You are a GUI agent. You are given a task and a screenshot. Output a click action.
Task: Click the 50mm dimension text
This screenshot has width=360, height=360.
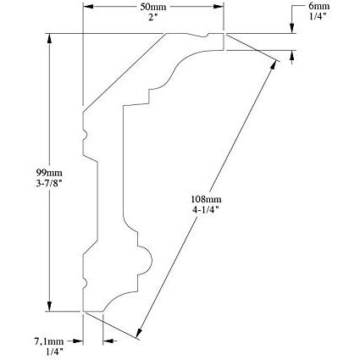click(153, 7)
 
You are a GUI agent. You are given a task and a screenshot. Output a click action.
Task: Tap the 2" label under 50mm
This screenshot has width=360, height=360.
click(152, 16)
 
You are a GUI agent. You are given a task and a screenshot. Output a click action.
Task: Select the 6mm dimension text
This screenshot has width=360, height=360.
click(318, 6)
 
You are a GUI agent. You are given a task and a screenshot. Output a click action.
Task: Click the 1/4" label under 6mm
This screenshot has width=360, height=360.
click(318, 16)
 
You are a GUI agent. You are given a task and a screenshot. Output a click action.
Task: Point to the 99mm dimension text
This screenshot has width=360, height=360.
click(49, 172)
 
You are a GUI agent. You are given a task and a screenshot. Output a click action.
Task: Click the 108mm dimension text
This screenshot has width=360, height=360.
click(206, 199)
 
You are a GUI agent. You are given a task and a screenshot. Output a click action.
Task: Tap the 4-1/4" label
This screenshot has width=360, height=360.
click(206, 210)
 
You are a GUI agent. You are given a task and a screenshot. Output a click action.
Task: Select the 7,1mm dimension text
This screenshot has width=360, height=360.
click(49, 341)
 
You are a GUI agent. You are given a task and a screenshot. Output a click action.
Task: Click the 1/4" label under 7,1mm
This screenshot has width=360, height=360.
click(54, 352)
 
